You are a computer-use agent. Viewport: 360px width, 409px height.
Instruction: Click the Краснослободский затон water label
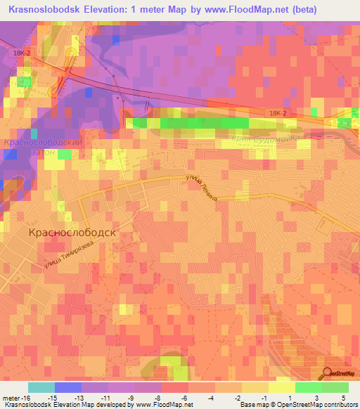pos(44,146)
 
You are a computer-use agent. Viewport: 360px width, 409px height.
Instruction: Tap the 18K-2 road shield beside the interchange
pos(19,53)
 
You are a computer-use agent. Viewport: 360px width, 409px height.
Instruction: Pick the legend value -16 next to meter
pos(26,397)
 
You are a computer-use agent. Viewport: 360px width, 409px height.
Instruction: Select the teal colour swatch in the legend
pos(41,387)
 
